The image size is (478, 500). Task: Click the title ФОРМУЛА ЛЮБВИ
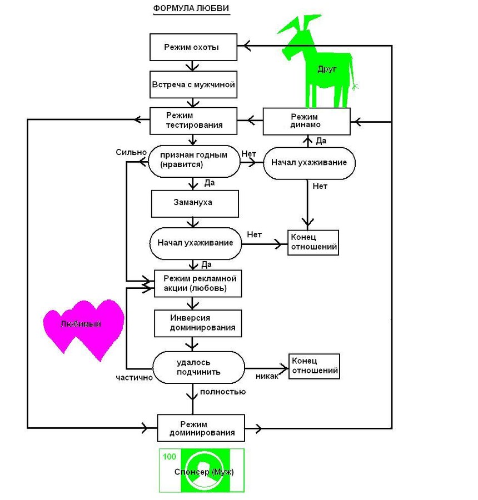tap(191, 9)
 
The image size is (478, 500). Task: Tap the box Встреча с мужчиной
tap(193, 86)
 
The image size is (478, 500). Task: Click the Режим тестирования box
tap(193, 121)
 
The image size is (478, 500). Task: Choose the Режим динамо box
tap(306, 121)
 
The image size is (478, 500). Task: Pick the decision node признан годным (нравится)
tap(193, 160)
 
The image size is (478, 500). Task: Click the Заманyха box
tap(195, 203)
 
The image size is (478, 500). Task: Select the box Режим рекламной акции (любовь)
tap(199, 284)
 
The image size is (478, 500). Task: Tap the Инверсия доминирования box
tap(198, 323)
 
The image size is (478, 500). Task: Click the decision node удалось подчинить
tap(198, 367)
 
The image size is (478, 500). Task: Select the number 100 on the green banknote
tap(169, 457)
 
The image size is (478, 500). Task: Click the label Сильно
tap(131, 152)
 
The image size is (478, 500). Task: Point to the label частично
tap(133, 377)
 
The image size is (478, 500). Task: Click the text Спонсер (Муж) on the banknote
tap(204, 472)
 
